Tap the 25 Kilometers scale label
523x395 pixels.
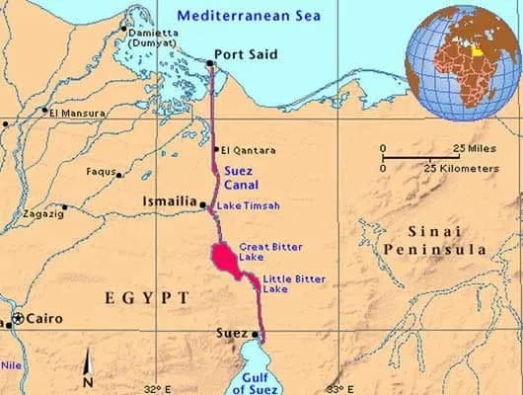click(462, 169)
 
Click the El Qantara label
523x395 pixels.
click(249, 150)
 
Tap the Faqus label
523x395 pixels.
click(101, 171)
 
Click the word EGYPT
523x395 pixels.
click(148, 297)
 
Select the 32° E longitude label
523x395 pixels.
click(157, 388)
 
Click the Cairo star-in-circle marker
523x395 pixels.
click(17, 319)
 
